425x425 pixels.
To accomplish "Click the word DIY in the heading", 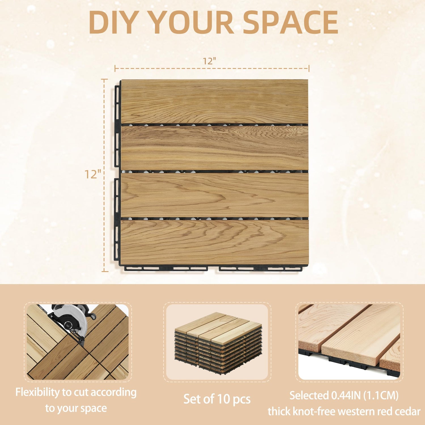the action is [x=114, y=23].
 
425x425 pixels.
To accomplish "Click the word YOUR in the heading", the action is [x=192, y=23].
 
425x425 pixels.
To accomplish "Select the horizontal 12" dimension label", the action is [x=209, y=61].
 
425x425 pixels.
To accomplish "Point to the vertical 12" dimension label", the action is [x=93, y=174].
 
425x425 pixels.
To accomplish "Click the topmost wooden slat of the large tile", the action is [x=214, y=101].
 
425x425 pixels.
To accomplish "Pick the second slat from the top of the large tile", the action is [x=214, y=148].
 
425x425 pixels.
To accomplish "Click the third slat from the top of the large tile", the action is [x=214, y=195].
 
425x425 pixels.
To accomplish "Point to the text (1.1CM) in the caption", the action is [x=383, y=395].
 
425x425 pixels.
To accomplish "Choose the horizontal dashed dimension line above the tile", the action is [x=212, y=68].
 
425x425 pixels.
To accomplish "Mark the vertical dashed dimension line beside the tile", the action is [x=105, y=175].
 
